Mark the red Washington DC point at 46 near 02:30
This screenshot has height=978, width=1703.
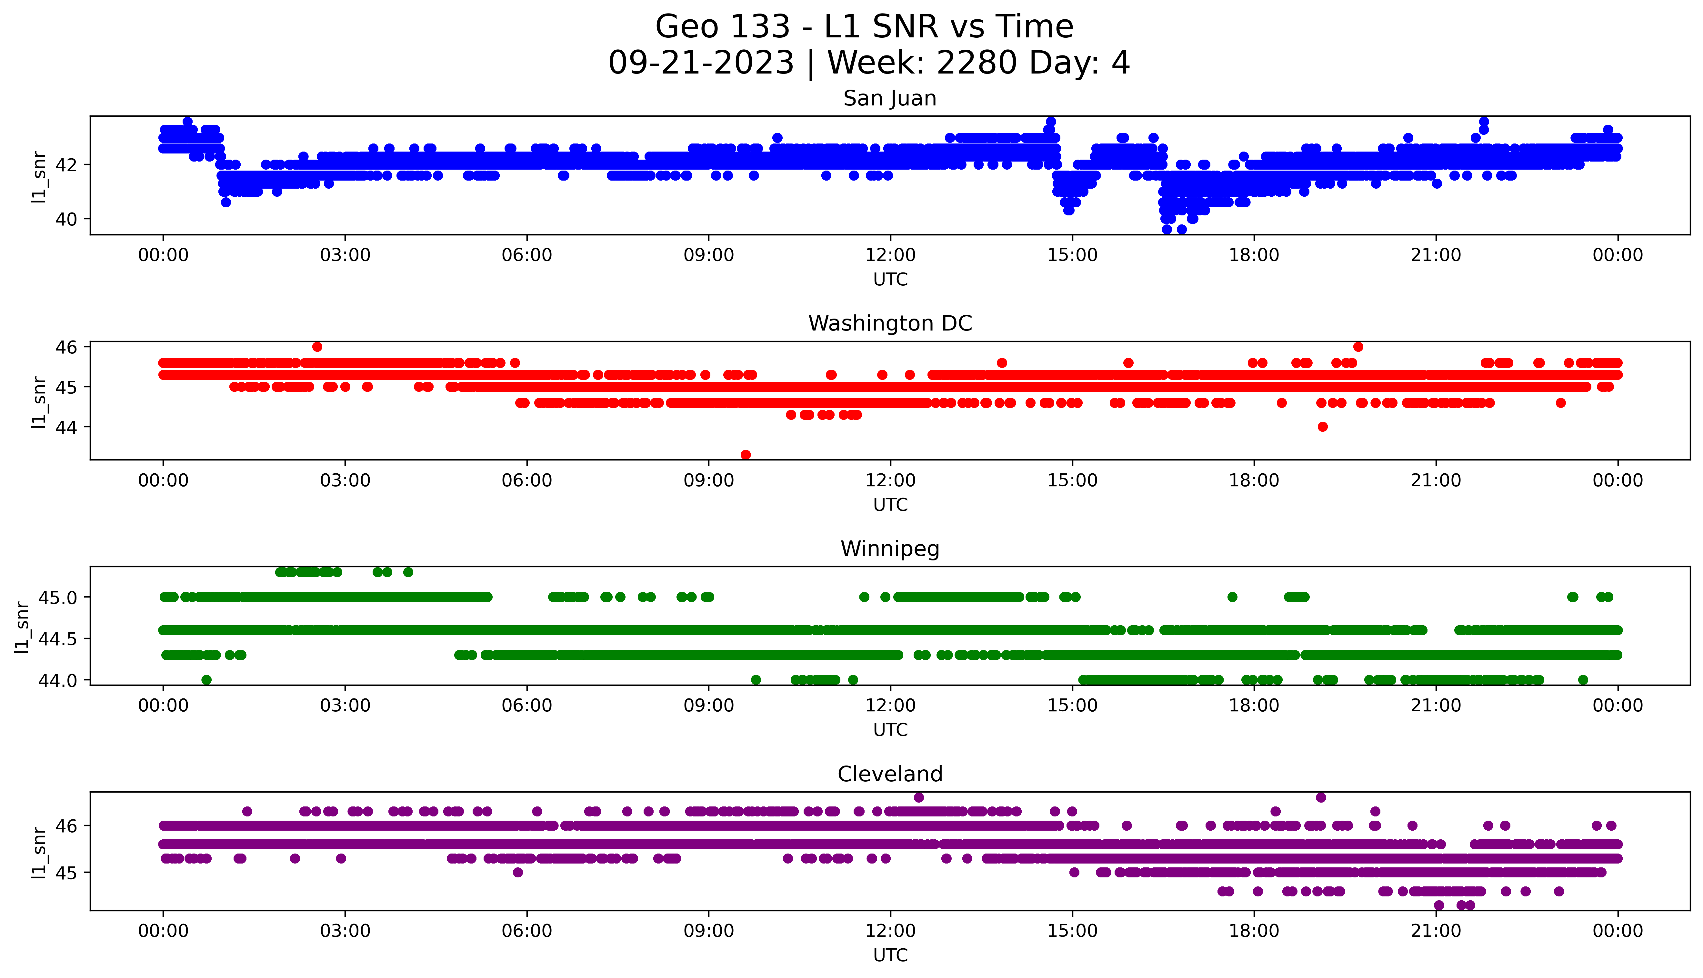click(x=317, y=347)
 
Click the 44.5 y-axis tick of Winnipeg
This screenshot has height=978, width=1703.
click(x=58, y=639)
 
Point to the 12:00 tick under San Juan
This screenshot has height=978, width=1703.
click(x=890, y=255)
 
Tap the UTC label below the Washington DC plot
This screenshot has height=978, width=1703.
click(x=890, y=504)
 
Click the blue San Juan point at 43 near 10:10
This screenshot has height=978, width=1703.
click(x=777, y=138)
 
